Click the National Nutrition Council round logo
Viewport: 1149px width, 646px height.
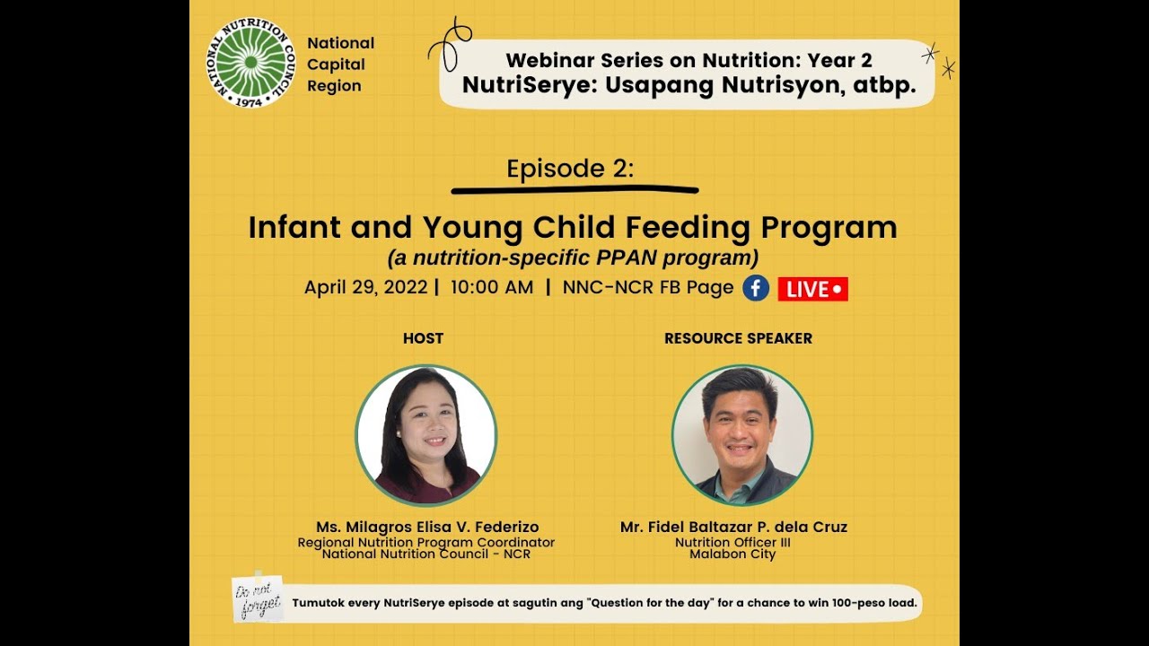coord(250,63)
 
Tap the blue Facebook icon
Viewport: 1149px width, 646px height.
coord(756,288)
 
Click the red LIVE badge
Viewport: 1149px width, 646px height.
coord(812,289)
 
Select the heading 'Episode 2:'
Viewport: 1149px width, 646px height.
coord(570,169)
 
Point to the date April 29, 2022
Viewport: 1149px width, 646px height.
coord(365,288)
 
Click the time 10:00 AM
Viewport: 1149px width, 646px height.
coord(492,288)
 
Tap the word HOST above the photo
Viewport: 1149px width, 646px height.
coord(423,338)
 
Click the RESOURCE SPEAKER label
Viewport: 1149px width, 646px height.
coord(738,338)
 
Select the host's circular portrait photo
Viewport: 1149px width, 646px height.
coord(426,435)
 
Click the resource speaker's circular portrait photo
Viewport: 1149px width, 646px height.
coord(742,435)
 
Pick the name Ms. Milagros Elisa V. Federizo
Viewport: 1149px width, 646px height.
coord(427,527)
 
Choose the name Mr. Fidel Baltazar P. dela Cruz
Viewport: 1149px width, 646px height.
coord(733,527)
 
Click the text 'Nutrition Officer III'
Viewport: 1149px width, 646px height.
coord(732,542)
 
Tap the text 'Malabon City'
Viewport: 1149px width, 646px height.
coord(732,554)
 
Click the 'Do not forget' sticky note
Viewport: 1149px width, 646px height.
coord(258,598)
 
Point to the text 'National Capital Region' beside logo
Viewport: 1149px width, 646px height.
coord(340,65)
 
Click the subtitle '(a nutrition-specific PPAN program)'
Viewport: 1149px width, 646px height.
coord(573,258)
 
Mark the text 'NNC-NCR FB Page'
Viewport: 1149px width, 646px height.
coord(647,288)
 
